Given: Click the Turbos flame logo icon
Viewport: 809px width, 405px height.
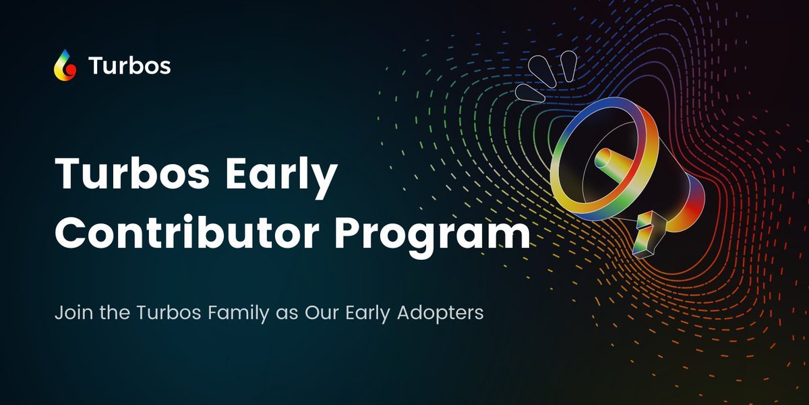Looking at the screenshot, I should [65, 65].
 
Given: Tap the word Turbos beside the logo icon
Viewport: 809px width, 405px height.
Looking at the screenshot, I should [129, 66].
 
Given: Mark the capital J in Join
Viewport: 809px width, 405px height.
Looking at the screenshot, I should [59, 314].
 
